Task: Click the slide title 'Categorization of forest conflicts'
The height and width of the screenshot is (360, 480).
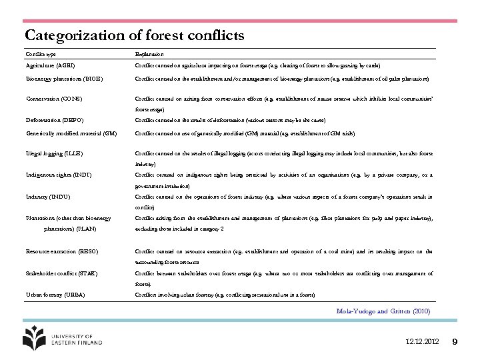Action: (135, 35)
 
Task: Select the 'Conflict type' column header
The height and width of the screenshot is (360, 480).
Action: (41, 54)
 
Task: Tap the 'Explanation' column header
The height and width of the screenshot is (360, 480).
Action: (149, 54)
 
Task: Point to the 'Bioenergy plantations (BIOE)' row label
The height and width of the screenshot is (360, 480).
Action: (64, 79)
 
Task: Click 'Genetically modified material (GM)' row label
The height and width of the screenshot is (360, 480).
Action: (71, 133)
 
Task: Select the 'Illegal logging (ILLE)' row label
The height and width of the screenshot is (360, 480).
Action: (55, 153)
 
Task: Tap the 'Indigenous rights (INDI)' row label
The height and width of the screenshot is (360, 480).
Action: (59, 175)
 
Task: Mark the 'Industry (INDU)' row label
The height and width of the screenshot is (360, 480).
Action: (48, 197)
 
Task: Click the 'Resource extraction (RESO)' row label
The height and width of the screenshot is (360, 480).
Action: (62, 252)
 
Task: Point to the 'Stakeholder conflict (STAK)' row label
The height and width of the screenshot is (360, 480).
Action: (63, 273)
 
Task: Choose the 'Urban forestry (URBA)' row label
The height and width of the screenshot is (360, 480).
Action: (55, 295)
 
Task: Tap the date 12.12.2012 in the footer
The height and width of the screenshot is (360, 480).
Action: (423, 342)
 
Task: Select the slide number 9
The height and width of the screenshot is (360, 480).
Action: (455, 342)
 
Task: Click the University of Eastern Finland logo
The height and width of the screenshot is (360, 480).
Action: (63, 337)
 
